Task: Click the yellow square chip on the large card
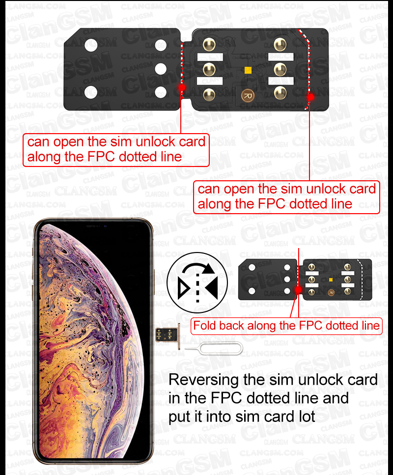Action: [248, 70]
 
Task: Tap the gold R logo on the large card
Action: [248, 96]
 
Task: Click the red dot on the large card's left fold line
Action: [182, 87]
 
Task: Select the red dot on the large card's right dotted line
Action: [310, 97]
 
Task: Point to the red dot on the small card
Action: [299, 290]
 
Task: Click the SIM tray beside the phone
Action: [168, 335]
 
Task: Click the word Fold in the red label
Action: [204, 326]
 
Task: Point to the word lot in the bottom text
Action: [307, 416]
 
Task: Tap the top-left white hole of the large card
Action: [91, 46]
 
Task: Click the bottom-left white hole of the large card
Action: [91, 92]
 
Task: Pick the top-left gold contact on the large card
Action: [209, 45]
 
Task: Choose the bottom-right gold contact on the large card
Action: [280, 93]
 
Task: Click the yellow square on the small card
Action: [331, 280]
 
